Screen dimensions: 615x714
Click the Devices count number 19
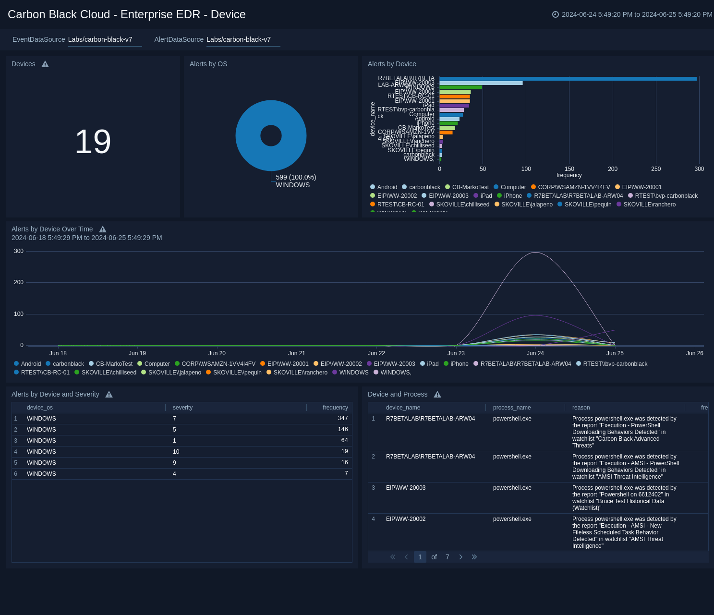[x=93, y=142]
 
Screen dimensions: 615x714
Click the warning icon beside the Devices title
[x=45, y=64]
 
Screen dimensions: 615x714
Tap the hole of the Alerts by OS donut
[x=271, y=136]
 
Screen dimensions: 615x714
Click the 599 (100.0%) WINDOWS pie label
[x=295, y=181]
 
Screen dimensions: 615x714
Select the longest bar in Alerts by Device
[x=568, y=79]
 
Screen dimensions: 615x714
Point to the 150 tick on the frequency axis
[x=569, y=169]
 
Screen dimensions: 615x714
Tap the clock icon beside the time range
[x=556, y=14]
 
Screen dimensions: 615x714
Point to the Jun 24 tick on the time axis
[x=535, y=353]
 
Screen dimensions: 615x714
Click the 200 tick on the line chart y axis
[x=19, y=282]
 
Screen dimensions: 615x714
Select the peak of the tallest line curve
[x=535, y=253]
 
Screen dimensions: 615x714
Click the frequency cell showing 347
[x=342, y=419]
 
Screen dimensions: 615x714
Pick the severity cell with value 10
[x=176, y=452]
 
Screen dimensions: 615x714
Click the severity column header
[x=182, y=408]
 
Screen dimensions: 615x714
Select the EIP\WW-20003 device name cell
[x=406, y=488]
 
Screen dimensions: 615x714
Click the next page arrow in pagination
[x=461, y=557]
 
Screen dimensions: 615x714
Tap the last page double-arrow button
[x=474, y=557]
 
